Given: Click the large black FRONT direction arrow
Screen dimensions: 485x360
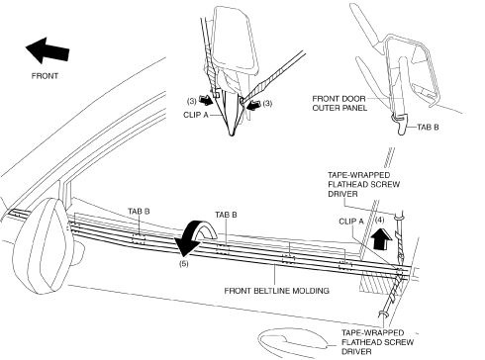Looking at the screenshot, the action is coord(48,50).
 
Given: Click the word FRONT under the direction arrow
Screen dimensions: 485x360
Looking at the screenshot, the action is coord(45,76).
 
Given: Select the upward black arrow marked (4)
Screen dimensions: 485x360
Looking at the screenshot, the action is coord(381,239).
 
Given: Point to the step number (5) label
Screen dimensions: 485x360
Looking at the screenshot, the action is coord(184,263).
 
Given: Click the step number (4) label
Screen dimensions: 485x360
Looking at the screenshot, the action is coord(379,220).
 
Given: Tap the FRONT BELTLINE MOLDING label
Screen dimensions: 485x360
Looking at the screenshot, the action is coord(276,291).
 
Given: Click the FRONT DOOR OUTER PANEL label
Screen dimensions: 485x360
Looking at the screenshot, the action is coord(339,103).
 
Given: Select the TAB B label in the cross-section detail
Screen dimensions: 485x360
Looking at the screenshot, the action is coord(428,127).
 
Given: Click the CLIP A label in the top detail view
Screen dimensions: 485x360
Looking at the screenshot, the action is coord(196,115).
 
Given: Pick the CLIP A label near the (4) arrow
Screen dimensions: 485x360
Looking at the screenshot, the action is coord(351,221).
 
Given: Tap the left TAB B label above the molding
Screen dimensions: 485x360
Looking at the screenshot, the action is coord(139,211).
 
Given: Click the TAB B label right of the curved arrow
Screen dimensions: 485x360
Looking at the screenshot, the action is coord(226,215).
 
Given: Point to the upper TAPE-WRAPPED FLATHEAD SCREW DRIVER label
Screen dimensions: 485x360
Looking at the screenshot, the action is coord(364,184).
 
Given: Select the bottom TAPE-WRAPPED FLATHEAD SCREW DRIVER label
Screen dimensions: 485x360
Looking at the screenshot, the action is coord(377,342).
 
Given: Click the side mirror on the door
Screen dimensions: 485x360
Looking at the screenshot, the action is coord(43,245).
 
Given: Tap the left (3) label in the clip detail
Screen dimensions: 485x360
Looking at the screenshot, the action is coord(192,101).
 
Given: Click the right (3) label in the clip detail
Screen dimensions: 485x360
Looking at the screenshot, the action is coord(267,103).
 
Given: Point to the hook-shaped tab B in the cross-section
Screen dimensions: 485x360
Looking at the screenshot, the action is coord(401,124).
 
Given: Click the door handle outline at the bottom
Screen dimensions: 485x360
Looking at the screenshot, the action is coord(292,339).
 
